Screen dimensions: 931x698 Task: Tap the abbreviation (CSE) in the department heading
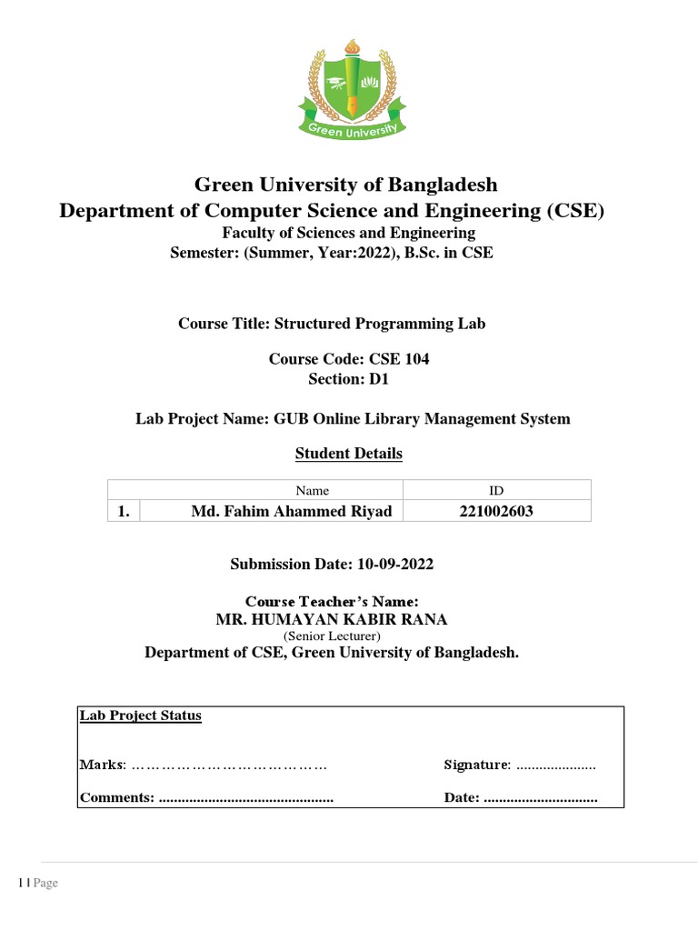point(573,211)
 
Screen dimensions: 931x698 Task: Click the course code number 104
point(414,359)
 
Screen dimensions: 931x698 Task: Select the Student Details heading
point(349,453)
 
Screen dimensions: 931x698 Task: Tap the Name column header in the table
point(313,490)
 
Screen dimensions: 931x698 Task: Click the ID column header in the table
point(496,490)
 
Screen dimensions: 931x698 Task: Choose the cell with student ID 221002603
point(496,511)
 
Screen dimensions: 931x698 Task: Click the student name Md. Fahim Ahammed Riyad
point(291,511)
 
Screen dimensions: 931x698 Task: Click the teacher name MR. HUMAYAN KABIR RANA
point(331,620)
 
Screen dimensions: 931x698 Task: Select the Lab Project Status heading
point(141,716)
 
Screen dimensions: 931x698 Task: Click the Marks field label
point(102,765)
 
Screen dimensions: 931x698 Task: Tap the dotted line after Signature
point(556,766)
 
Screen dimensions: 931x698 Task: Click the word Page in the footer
point(46,883)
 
